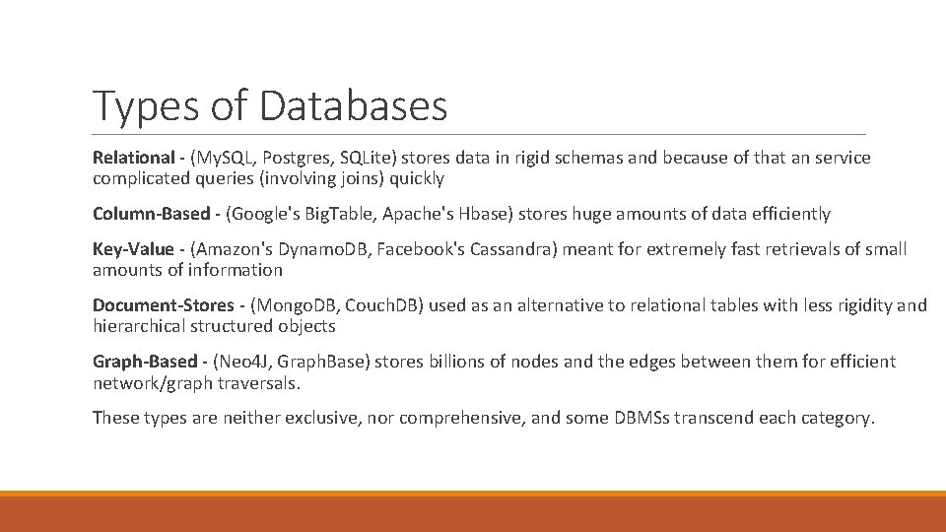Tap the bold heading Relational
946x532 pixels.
tap(132, 158)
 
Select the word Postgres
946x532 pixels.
tap(295, 158)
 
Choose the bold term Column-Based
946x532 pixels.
tap(151, 214)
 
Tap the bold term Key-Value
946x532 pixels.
tap(132, 249)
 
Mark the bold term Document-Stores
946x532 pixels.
tap(164, 305)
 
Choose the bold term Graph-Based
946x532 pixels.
tap(144, 362)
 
